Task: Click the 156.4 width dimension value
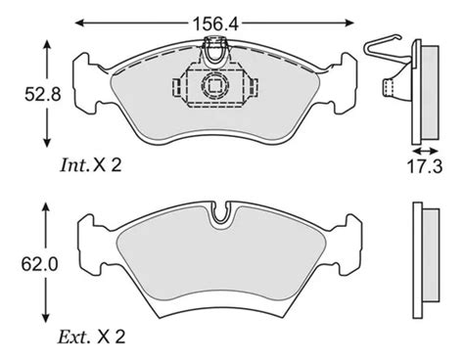click(x=215, y=23)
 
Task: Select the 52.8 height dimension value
click(x=43, y=95)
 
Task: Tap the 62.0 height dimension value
click(x=39, y=264)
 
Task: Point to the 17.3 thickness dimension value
click(x=425, y=166)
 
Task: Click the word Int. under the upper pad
click(x=74, y=165)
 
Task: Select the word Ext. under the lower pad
click(x=73, y=337)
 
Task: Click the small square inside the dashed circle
click(x=214, y=86)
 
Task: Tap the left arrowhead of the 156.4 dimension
click(x=79, y=22)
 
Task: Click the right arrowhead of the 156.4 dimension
click(x=349, y=22)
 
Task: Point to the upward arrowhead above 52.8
click(x=47, y=45)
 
